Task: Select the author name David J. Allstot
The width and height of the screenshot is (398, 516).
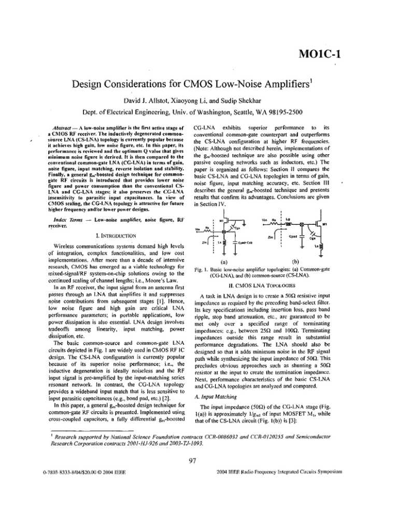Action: pyautogui.click(x=131, y=98)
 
